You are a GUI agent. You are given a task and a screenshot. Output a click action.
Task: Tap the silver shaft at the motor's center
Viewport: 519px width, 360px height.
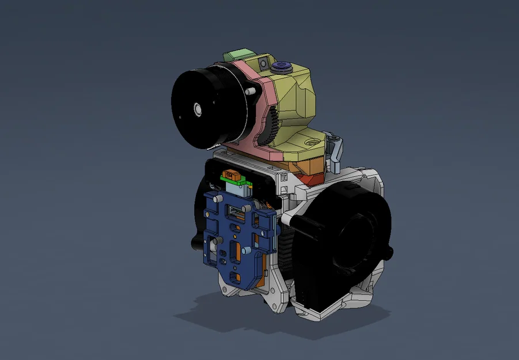tap(198, 108)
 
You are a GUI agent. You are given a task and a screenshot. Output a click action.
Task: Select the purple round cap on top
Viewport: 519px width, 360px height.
tap(283, 66)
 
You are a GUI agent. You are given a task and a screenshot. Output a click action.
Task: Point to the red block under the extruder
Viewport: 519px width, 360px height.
tap(312, 179)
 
